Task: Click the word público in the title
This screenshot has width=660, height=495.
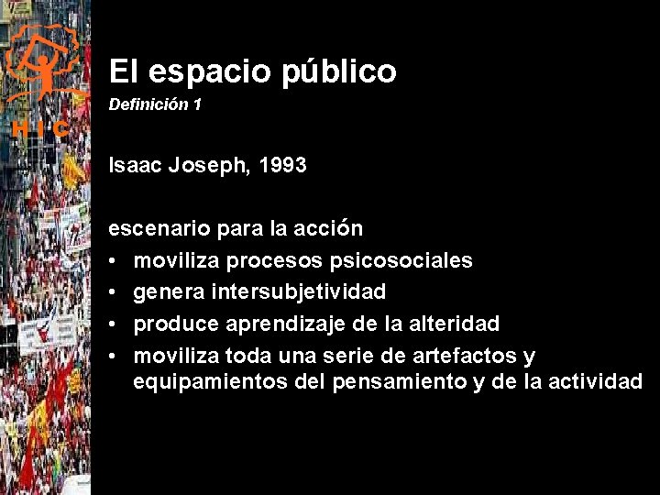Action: (x=340, y=72)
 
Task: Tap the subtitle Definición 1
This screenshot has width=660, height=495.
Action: (x=155, y=105)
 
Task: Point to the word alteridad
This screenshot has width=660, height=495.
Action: (x=454, y=324)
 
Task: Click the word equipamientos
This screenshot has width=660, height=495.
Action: (x=210, y=381)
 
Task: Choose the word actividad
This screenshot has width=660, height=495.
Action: (x=595, y=381)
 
